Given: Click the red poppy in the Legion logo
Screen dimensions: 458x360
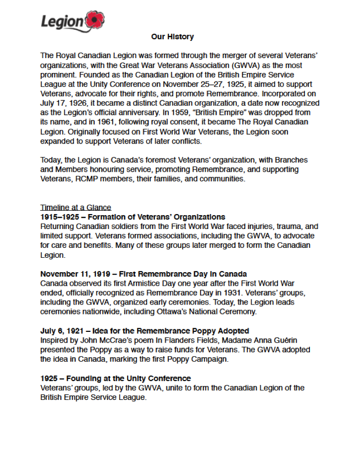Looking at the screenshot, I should click(x=94, y=20).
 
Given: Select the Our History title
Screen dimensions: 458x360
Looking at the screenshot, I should click(x=172, y=37).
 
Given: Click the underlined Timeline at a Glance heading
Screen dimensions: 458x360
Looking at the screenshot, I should click(x=75, y=208).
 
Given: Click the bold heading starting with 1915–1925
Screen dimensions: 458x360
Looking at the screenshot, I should click(x=133, y=217).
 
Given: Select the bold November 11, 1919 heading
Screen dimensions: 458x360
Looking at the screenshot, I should click(x=144, y=274).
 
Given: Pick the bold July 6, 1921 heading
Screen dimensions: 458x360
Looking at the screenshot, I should click(x=144, y=331).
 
